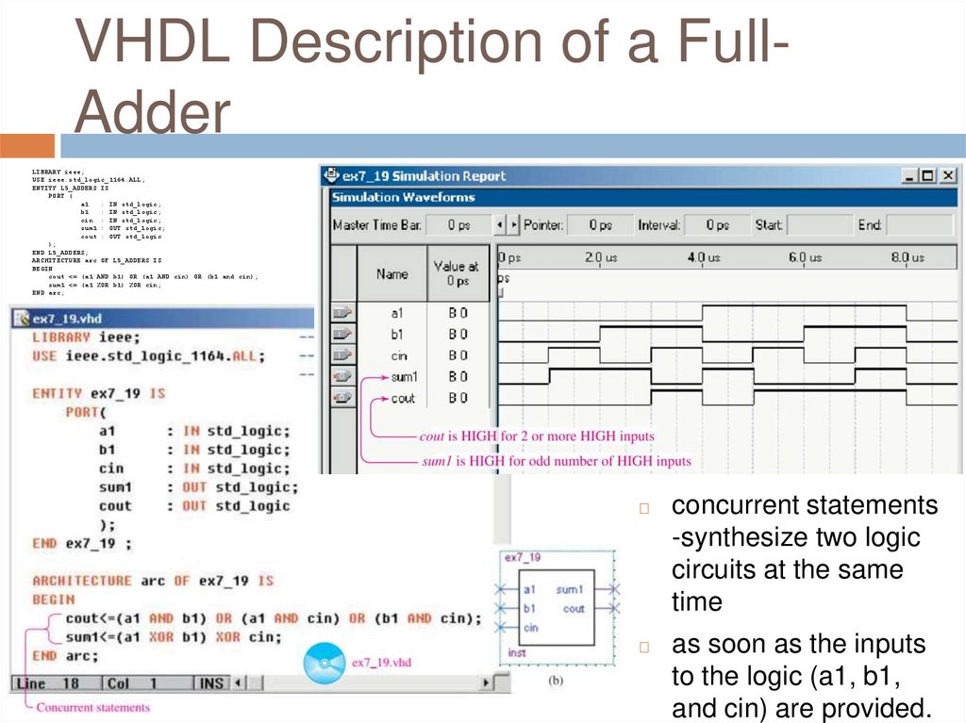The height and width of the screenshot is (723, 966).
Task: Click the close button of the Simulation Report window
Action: click(x=947, y=175)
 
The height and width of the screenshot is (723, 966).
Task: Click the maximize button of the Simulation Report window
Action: click(x=928, y=175)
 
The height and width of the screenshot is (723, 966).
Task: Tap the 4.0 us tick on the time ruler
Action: click(x=703, y=256)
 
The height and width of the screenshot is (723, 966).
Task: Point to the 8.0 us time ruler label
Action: click(x=908, y=256)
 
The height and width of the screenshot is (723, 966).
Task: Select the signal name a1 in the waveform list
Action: click(x=397, y=312)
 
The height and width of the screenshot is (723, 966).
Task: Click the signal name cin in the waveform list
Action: click(x=399, y=355)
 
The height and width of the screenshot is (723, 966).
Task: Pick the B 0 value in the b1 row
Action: click(x=458, y=334)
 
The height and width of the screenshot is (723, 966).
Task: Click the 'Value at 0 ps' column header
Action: click(x=457, y=273)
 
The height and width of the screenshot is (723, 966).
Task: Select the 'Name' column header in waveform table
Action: click(x=391, y=273)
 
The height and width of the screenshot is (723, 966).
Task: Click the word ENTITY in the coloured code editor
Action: click(x=58, y=392)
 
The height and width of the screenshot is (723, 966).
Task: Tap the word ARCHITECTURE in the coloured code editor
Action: click(x=82, y=581)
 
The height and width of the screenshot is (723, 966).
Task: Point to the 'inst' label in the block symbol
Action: click(x=517, y=652)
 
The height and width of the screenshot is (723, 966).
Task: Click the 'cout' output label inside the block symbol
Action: click(x=574, y=609)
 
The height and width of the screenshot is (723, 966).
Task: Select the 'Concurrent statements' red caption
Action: click(x=92, y=707)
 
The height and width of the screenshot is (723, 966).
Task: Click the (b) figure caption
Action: click(x=555, y=680)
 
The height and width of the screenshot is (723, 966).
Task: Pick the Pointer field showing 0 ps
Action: click(x=599, y=225)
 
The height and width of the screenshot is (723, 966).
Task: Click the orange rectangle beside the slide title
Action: click(x=26, y=145)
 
